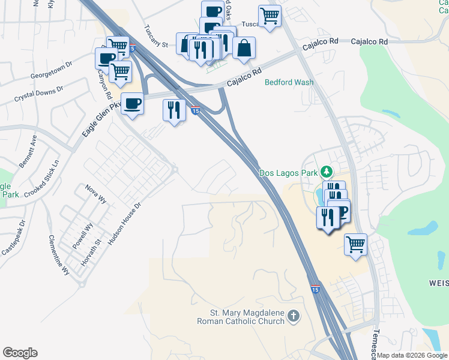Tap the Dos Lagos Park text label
pyautogui.click(x=288, y=173)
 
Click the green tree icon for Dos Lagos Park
pyautogui.click(x=326, y=172)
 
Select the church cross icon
pyautogui.click(x=294, y=316)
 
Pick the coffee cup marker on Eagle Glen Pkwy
pyautogui.click(x=133, y=103)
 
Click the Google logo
pyautogui.click(x=20, y=353)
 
